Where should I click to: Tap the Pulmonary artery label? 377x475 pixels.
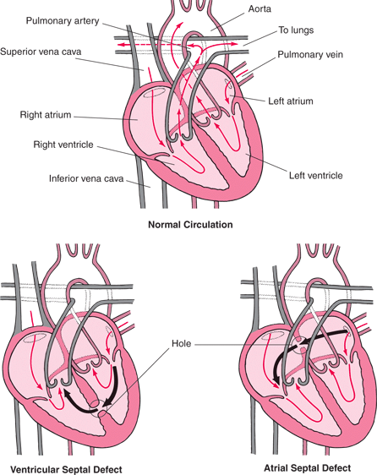tap(63, 19)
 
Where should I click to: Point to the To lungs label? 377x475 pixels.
tap(296, 30)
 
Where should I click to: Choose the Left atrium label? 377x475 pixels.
tap(291, 101)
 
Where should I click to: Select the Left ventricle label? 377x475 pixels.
tap(315, 176)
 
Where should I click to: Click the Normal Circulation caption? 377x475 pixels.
tap(190, 225)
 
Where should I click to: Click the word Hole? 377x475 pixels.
tap(183, 344)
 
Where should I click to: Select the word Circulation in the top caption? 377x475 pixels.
tap(206, 225)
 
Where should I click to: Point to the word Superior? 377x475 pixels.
tap(21, 51)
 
